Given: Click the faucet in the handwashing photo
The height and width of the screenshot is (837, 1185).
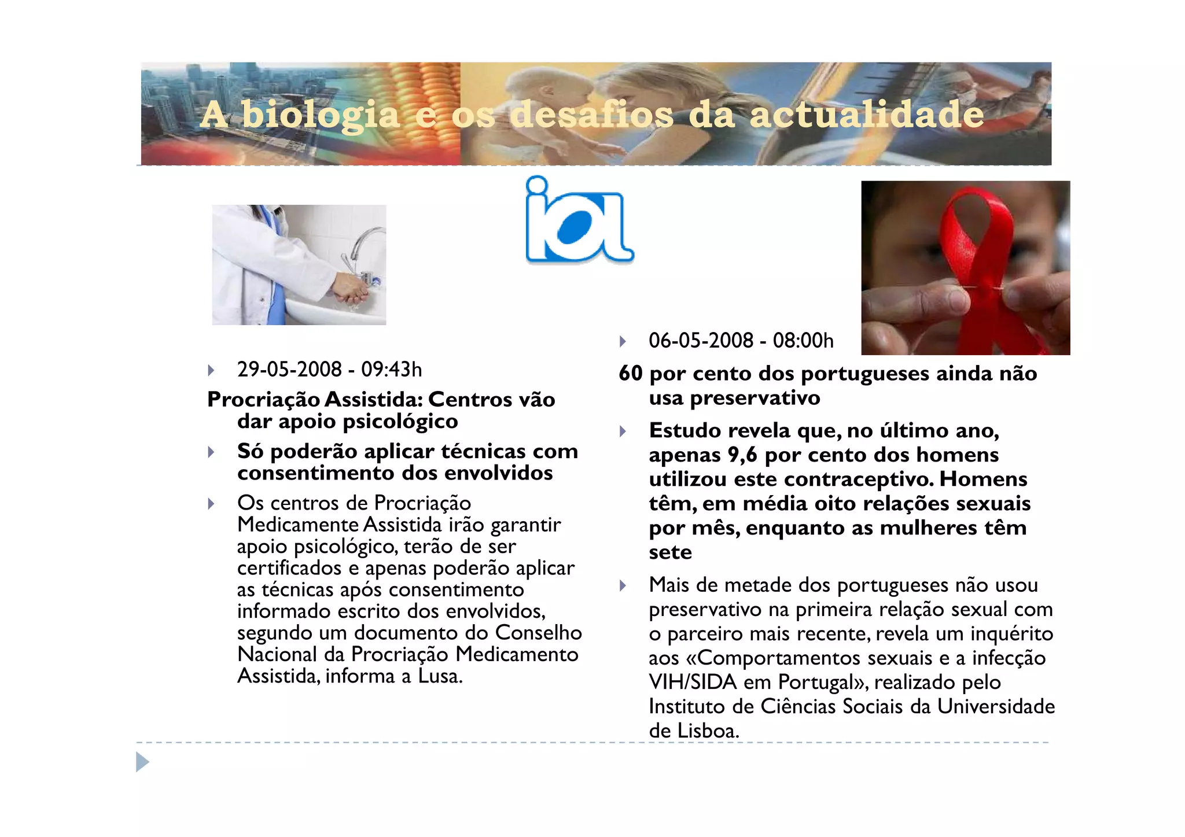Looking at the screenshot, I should coord(361,249).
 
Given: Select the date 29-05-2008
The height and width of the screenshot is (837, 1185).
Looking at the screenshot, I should coord(289,369).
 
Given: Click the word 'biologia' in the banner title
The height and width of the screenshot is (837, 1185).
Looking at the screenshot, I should coord(321,114).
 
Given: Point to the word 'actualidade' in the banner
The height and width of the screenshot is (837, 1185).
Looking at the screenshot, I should coord(866,114).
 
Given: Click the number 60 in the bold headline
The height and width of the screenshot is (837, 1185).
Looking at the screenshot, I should coord(631,374).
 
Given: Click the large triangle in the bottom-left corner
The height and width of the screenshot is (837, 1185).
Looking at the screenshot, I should coord(142,762).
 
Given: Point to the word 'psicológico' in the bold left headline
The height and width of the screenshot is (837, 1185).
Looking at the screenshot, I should coord(400,422).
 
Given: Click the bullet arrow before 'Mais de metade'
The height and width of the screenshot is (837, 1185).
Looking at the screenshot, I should coord(623,586).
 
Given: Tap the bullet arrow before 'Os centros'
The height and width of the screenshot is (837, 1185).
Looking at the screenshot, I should coord(211,504).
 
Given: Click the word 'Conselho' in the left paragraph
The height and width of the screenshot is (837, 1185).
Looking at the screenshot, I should coord(539,633).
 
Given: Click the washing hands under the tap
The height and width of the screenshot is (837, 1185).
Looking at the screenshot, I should coord(350,288).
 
